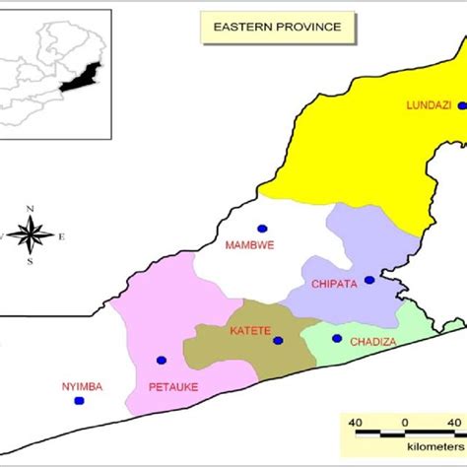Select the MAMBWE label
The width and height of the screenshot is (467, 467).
tap(249, 243)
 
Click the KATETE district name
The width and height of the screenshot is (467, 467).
tap(250, 331)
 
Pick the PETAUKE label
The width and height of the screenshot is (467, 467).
tap(173, 386)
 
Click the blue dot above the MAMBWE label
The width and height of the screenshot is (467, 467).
tap(262, 228)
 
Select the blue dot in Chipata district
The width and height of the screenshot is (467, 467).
tap(369, 280)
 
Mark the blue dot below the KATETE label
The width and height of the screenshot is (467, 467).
tap(278, 341)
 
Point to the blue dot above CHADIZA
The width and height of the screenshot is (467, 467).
tap(336, 339)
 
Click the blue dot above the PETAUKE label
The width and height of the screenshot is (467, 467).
tap(162, 361)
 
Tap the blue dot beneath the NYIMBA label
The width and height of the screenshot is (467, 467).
tap(81, 401)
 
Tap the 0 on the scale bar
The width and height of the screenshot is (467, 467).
tap(405, 423)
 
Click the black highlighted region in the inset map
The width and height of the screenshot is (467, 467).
tap(80, 80)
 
